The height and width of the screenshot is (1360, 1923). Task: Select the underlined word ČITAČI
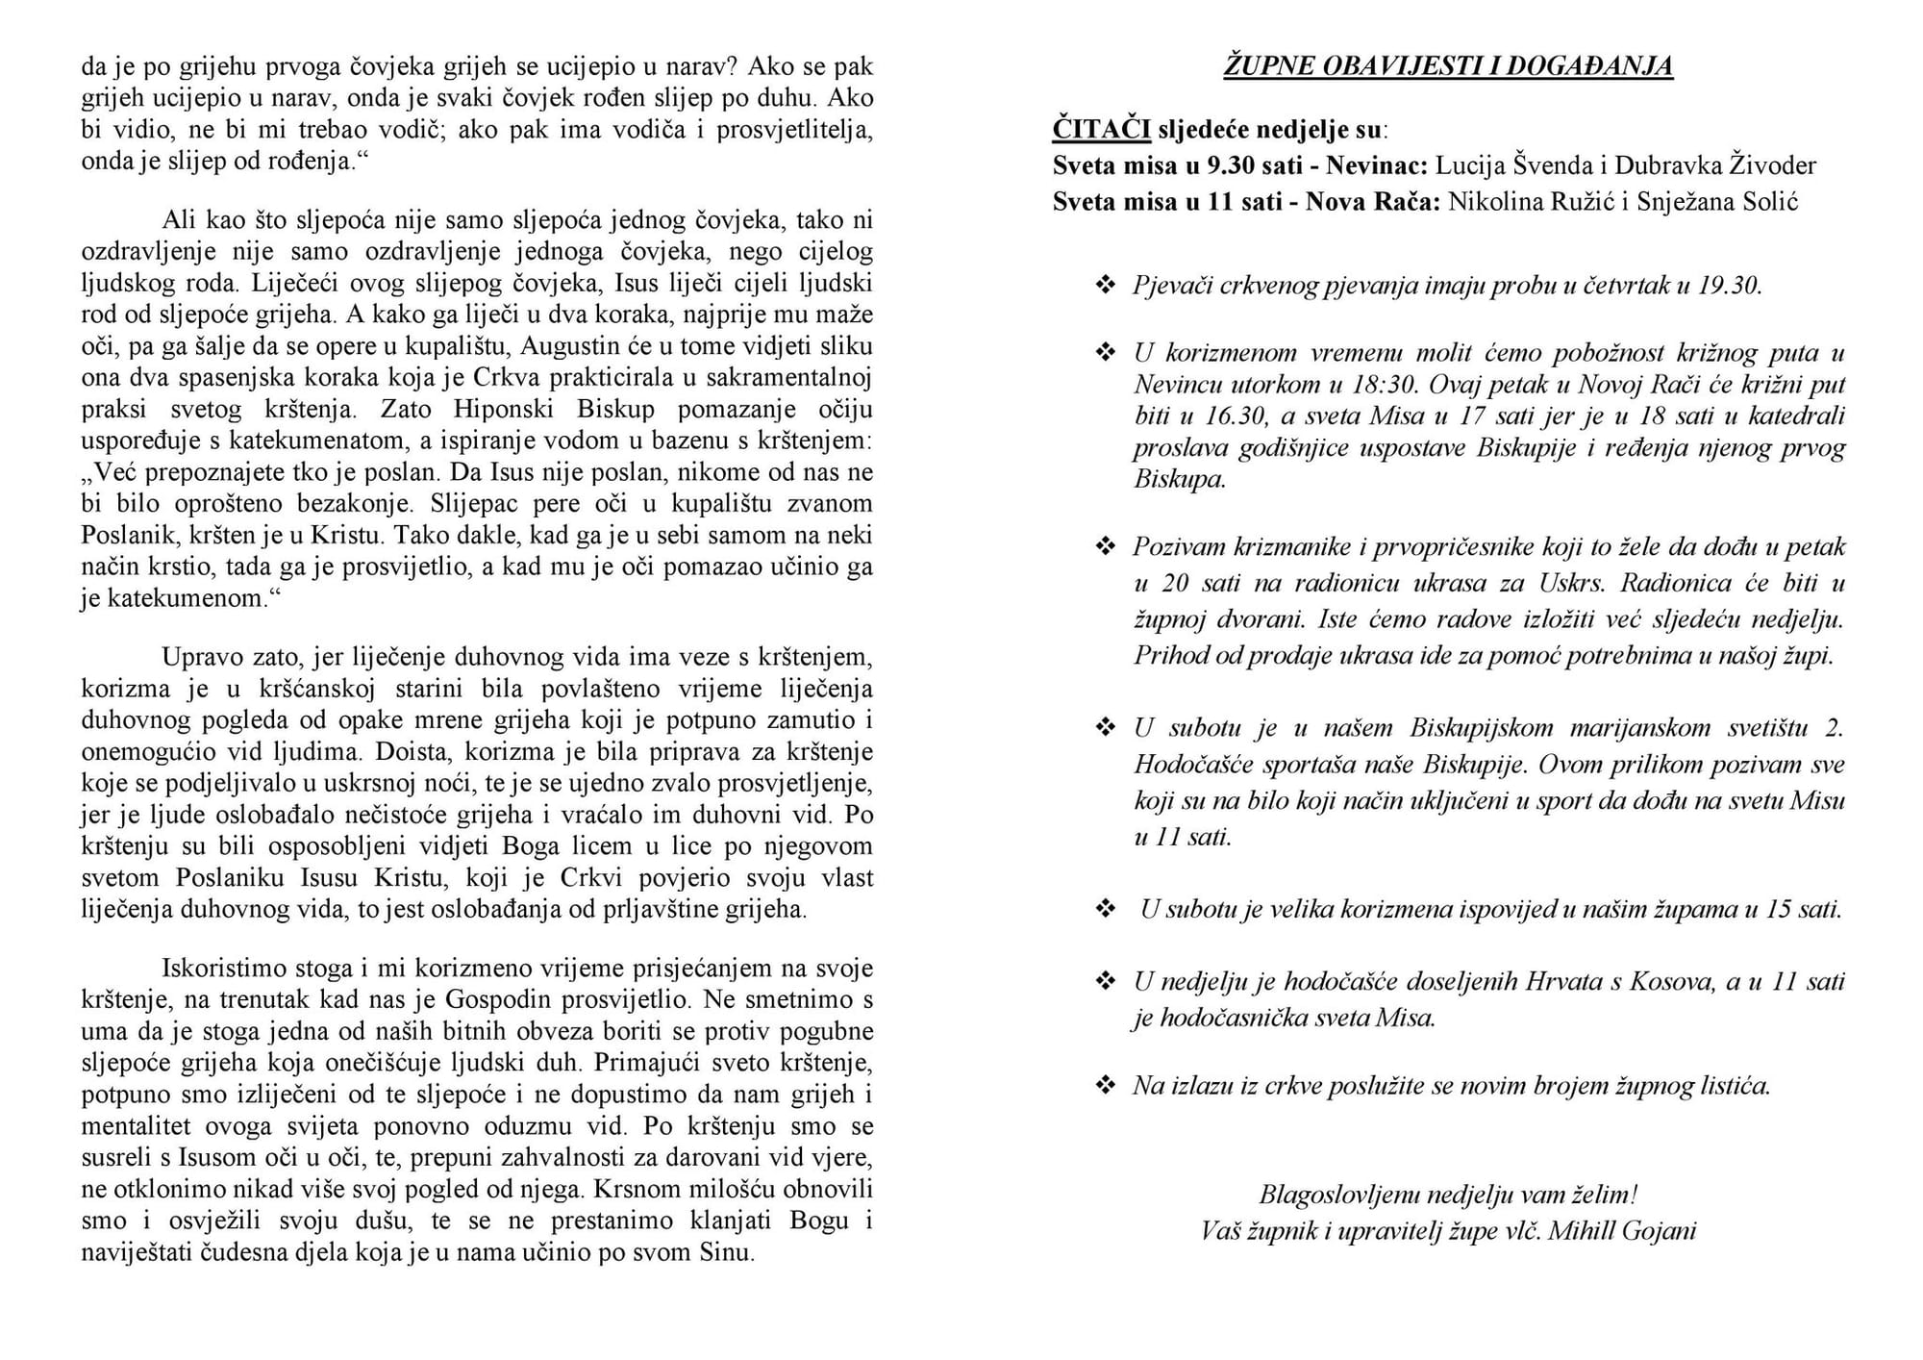pos(1101,129)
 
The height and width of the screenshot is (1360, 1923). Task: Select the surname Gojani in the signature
pos(1658,1231)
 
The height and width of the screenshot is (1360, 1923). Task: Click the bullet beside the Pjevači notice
pos(1106,286)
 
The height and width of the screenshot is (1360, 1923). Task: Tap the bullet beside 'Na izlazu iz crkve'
pos(1106,1086)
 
